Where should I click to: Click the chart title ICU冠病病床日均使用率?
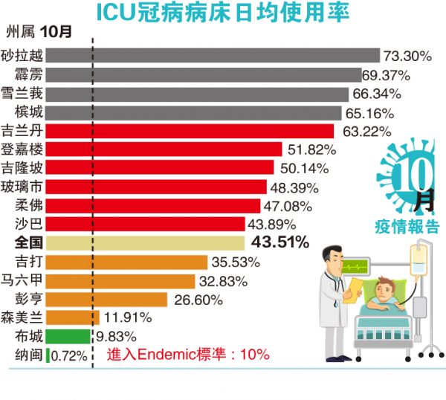pos(223,13)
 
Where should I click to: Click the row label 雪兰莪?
pos(25,94)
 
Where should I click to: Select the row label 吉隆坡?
pos(25,168)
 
